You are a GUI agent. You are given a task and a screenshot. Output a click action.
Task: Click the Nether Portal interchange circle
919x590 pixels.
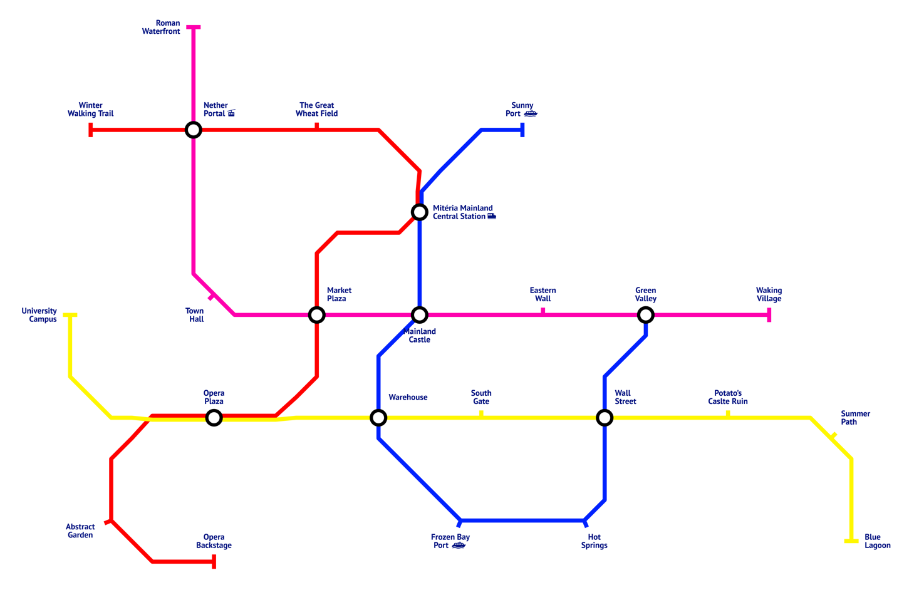(x=194, y=130)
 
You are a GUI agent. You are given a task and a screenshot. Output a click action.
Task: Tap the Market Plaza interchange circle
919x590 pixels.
(x=317, y=314)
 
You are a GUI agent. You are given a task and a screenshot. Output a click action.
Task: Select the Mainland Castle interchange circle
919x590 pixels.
(x=420, y=314)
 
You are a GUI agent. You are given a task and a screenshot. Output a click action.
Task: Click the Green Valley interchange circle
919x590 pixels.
(x=646, y=314)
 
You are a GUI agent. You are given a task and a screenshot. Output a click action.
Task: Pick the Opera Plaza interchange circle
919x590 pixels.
(x=214, y=417)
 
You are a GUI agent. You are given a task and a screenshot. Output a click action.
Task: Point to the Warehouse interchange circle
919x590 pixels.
(x=378, y=417)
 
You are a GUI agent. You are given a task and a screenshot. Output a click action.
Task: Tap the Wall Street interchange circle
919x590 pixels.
(x=605, y=417)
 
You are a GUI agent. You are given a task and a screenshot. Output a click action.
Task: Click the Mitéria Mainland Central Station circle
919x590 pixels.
(x=420, y=212)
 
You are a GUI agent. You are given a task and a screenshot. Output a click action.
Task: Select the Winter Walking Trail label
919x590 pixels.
(x=91, y=110)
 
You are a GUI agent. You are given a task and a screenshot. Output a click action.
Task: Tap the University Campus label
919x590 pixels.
(x=39, y=315)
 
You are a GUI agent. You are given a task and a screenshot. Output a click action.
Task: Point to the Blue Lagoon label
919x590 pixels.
(x=877, y=541)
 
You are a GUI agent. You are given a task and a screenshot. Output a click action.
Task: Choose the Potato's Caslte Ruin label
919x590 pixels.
(x=728, y=397)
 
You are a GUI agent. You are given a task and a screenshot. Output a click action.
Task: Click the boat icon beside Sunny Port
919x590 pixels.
(x=531, y=113)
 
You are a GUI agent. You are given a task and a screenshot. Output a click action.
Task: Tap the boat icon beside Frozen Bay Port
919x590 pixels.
(x=459, y=546)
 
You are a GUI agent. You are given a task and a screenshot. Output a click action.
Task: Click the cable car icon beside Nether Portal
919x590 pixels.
(x=231, y=113)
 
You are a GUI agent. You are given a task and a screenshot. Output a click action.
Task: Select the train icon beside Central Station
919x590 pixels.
(x=492, y=216)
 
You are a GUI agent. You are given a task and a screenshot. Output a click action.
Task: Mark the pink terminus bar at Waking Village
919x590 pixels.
(x=769, y=315)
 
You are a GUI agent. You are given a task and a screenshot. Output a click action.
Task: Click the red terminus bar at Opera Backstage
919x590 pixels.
(x=214, y=562)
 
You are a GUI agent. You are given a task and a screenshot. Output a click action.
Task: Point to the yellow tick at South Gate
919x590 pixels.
(x=481, y=413)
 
